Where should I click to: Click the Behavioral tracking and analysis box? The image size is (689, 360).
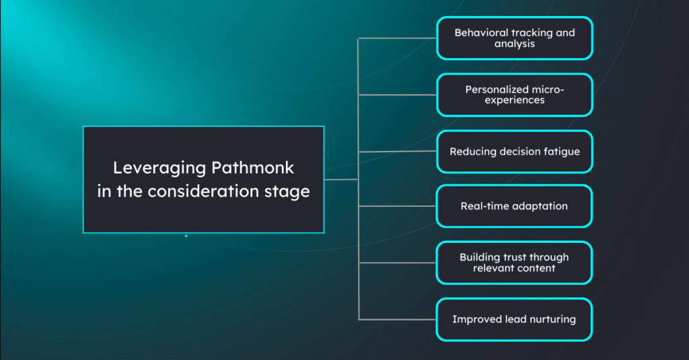pos(514,38)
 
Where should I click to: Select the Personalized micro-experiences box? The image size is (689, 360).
pos(514,95)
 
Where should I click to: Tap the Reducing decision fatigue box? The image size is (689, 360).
pos(514,151)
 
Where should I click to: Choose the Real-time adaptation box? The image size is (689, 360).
pos(514,206)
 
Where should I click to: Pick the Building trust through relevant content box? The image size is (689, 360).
pos(514,263)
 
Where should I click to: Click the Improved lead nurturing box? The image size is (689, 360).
pos(514,319)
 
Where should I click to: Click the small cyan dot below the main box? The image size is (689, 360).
pos(186,236)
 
